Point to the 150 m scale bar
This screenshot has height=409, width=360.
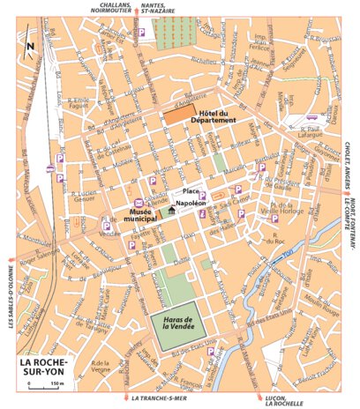(39, 384)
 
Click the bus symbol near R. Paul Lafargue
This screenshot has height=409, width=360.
(311, 116)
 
